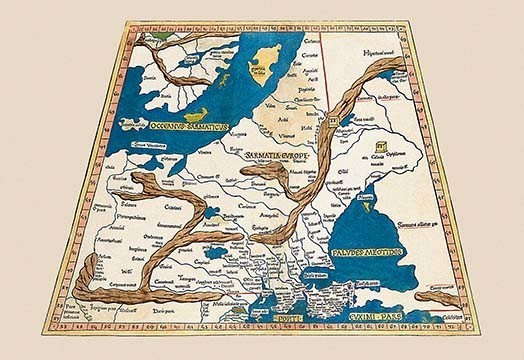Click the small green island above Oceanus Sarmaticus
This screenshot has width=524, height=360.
pyautogui.click(x=202, y=115)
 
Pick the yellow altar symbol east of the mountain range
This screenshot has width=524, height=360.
pyautogui.click(x=379, y=157)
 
